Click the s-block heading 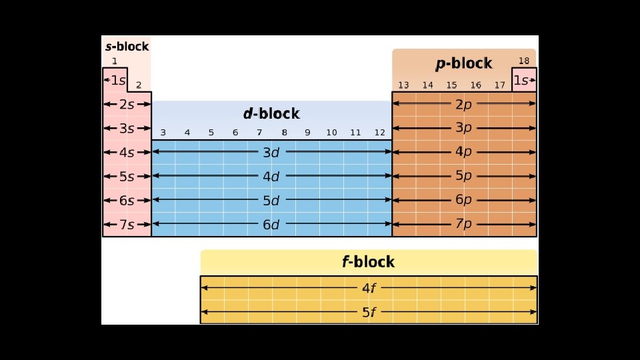pos(127,47)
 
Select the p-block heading pos(463,63)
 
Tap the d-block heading pos(271,113)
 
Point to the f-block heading pos(368,261)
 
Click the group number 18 pos(523,61)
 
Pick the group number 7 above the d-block pos(259,132)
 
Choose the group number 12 pos(379,132)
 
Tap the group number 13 pos(403,85)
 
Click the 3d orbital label pos(271,153)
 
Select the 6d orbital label pos(271,225)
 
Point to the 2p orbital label pos(463,104)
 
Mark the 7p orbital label pos(463,224)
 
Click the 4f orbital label pos(368,289)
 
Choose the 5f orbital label pos(368,312)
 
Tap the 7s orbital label pos(127,225)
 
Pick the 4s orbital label pos(127,152)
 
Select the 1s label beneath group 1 pos(117,80)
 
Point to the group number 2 pos(139,85)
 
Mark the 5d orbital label pos(271,201)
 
